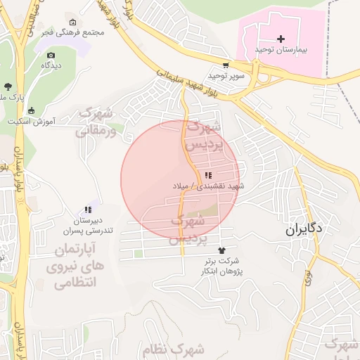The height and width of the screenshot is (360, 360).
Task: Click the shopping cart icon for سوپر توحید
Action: coord(225,64)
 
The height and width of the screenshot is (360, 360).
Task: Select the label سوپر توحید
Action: coord(226,75)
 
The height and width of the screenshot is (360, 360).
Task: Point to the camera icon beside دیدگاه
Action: coord(50,55)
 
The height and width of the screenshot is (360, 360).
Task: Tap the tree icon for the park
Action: coord(7,85)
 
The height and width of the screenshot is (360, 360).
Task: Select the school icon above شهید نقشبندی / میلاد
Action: coord(208,175)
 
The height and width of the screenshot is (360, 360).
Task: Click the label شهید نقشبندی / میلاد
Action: coord(208,186)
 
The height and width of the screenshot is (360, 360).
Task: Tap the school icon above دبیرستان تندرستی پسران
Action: coord(87,210)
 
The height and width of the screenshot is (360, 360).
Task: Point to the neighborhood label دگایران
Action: coord(304,229)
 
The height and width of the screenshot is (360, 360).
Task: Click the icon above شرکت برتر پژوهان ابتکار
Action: coord(223,250)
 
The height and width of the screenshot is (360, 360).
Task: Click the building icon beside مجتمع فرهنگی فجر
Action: coord(72,22)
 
